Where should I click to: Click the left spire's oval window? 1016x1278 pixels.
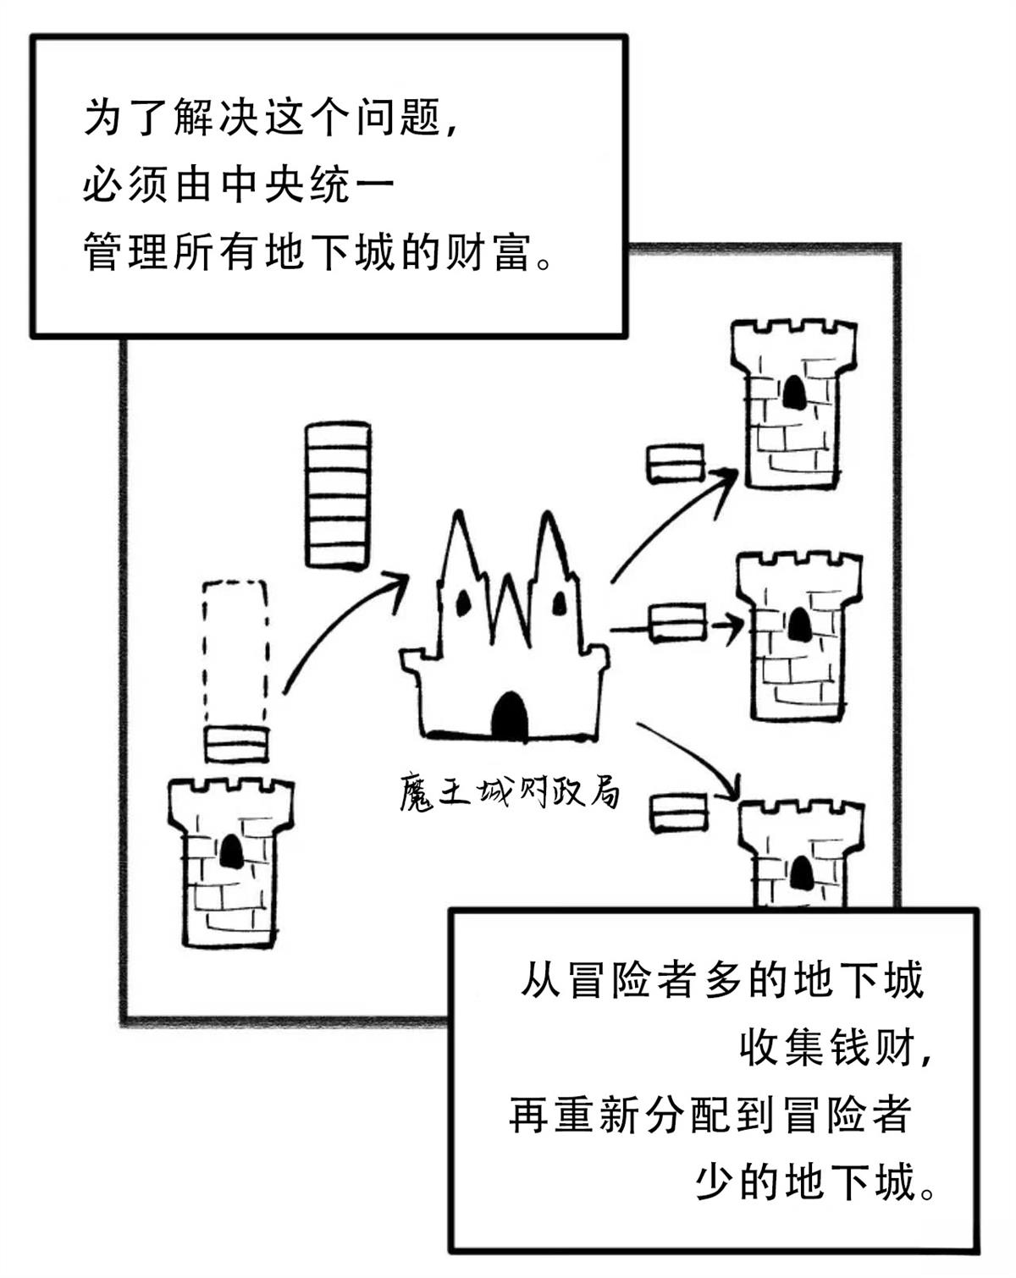pos(463,603)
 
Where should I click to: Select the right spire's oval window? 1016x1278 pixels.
pos(560,602)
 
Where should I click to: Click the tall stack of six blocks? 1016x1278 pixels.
pos(337,495)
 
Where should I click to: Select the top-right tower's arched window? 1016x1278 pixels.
pos(793,391)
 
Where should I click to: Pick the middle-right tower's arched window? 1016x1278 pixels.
pos(798,625)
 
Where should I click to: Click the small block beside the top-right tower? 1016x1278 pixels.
pos(676,464)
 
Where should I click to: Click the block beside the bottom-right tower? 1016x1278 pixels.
pos(679,813)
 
